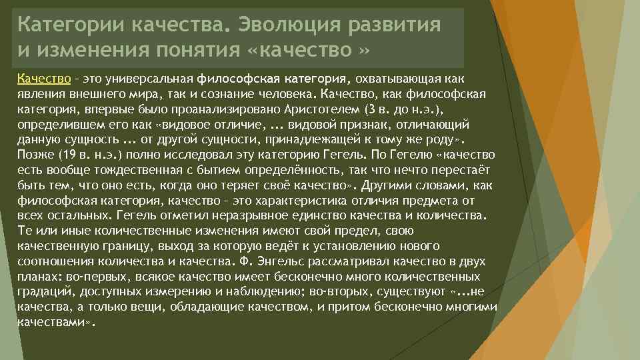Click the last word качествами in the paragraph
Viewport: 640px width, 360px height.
[x=51, y=321]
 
